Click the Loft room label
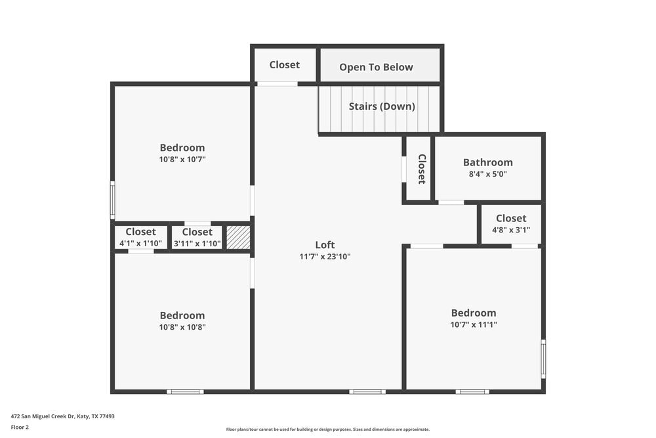click(325, 245)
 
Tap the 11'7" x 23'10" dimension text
click(325, 257)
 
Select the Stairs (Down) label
click(382, 106)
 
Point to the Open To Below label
click(376, 67)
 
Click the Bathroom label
click(487, 162)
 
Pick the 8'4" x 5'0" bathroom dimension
click(487, 174)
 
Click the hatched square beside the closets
click(238, 237)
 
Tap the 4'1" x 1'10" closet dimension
click(140, 243)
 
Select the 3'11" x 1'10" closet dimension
click(197, 243)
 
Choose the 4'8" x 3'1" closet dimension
click(510, 230)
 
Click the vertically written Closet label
click(421, 169)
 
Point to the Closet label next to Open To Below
click(284, 64)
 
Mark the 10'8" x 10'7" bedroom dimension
click(182, 159)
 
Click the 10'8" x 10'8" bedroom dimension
click(182, 327)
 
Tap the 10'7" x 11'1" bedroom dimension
click(473, 324)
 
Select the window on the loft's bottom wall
click(367, 392)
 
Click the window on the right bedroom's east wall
click(543, 358)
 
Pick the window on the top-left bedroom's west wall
click(112, 200)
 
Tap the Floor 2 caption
click(20, 427)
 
